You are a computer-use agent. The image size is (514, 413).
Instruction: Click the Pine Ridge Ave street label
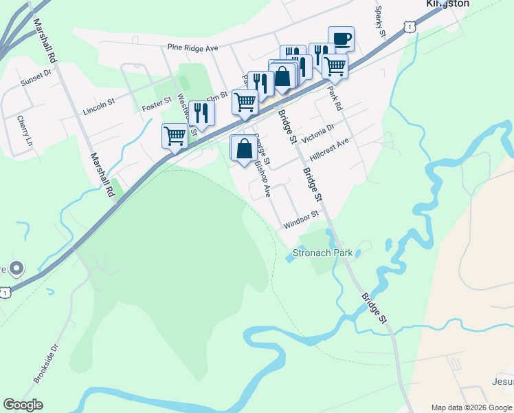pos(192,48)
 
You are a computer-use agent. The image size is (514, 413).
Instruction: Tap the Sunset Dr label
pos(36,77)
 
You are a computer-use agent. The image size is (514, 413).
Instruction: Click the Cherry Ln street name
pos(24,129)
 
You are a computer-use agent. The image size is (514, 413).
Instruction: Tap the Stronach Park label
pos(322,253)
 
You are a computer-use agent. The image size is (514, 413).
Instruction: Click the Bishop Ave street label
pos(263,178)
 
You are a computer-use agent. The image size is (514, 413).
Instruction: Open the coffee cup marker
pos(341,39)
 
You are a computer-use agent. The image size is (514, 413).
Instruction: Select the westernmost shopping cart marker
pos(175,136)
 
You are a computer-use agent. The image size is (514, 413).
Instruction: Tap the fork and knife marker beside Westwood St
pos(201,113)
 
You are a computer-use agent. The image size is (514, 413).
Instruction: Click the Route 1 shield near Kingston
pos(410,25)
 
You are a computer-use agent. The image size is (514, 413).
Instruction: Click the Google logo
pos(23,405)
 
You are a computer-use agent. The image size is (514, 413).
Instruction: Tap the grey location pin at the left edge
pos(16,268)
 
